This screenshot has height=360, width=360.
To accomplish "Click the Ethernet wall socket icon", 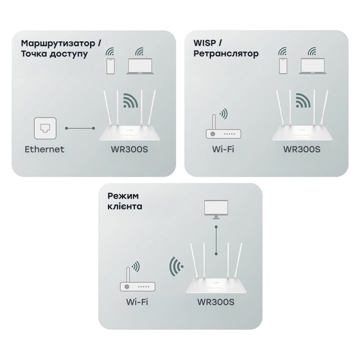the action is click(x=45, y=128).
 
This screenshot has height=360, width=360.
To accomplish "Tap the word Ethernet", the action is click(x=44, y=149).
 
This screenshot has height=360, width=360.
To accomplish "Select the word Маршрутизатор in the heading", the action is click(x=58, y=43).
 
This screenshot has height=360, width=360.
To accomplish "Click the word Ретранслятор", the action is click(x=226, y=54).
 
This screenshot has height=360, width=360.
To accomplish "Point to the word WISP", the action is click(x=205, y=43).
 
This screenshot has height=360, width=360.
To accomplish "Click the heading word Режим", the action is click(x=123, y=196).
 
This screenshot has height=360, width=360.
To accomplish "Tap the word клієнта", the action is click(x=125, y=206).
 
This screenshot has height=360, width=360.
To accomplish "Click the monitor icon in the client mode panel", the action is click(x=216, y=209).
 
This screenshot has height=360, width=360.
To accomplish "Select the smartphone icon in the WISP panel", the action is click(x=283, y=66).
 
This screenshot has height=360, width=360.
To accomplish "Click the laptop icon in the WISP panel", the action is click(x=313, y=66).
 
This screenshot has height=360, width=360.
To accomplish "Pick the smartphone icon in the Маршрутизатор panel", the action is click(x=110, y=66).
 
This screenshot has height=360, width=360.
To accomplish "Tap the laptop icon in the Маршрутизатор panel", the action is click(x=140, y=66).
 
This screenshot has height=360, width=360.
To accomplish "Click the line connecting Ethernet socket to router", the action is click(x=80, y=128).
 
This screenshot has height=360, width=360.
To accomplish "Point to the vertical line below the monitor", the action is click(x=216, y=240).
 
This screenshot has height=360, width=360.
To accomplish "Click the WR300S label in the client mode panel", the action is click(x=216, y=302).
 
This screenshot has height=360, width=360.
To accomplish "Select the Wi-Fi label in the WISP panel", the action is click(x=223, y=149).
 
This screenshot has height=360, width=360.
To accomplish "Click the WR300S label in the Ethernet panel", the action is click(x=129, y=149).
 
